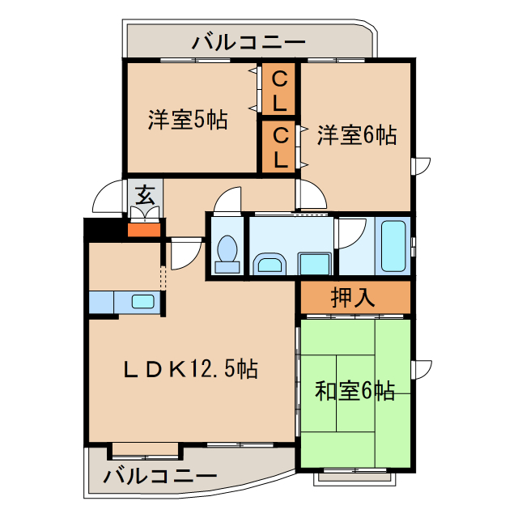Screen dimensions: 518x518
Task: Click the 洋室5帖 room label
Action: coord(187,121)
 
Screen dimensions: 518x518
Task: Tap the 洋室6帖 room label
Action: coord(356,134)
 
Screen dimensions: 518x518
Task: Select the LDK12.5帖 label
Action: coord(191,369)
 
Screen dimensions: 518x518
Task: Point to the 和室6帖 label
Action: coord(355,392)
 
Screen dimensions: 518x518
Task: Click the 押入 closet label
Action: coord(354,297)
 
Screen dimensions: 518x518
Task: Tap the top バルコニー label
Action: coord(248,41)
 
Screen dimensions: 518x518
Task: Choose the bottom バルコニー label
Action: coord(159,475)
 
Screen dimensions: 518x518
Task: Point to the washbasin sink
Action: coord(270,263)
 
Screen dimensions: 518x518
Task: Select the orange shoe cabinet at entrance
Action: coord(145,227)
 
